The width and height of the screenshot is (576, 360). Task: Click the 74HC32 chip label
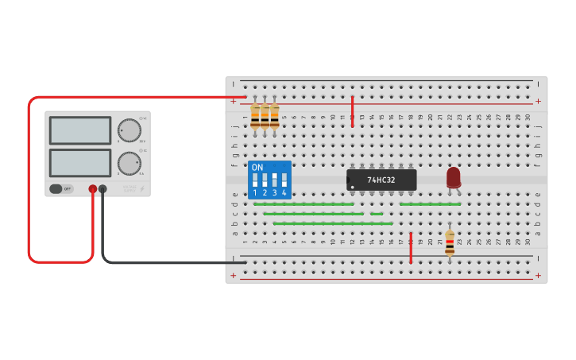(x=381, y=180)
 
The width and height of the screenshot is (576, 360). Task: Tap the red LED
(x=453, y=177)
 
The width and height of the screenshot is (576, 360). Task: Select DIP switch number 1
(x=255, y=180)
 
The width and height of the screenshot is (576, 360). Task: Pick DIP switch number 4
(x=284, y=180)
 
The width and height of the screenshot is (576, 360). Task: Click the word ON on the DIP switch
(x=257, y=168)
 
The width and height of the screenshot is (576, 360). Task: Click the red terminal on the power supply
(x=93, y=189)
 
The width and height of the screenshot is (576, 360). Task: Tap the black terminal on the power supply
(x=102, y=189)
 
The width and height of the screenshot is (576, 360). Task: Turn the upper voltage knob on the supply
(x=129, y=130)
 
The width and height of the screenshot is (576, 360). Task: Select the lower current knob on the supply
(x=129, y=163)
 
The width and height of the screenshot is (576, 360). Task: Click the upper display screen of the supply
(x=80, y=130)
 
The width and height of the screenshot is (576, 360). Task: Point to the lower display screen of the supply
(x=80, y=163)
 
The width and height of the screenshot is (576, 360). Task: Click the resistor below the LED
(x=450, y=243)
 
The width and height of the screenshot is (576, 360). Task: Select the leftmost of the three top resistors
(x=255, y=116)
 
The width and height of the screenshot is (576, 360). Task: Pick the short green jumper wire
(x=377, y=214)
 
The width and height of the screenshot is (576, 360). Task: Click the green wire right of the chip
(x=430, y=204)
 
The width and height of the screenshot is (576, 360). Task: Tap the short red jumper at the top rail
(x=352, y=111)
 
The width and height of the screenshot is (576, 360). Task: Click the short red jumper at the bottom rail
(x=411, y=248)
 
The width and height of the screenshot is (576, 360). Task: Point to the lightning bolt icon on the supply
(x=142, y=189)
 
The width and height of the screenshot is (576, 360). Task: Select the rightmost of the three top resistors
(x=274, y=116)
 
